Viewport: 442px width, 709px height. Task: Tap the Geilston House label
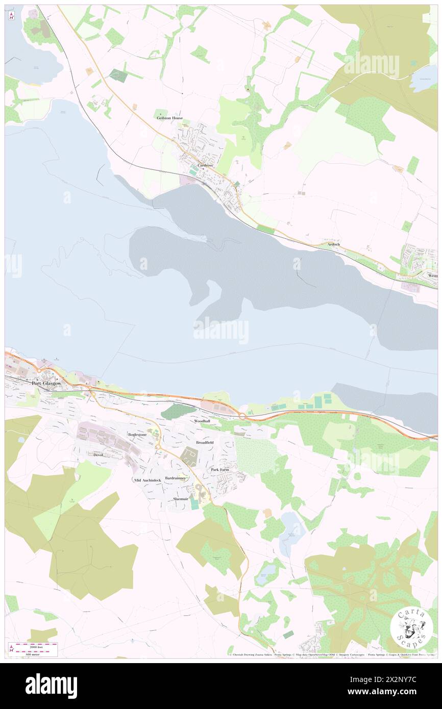click(x=169, y=118)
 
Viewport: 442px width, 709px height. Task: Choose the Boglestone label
click(x=137, y=435)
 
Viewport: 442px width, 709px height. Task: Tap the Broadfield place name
click(x=205, y=442)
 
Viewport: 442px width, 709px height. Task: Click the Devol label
click(x=98, y=454)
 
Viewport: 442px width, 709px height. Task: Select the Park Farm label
click(x=220, y=469)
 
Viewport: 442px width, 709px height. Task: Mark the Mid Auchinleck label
click(x=148, y=480)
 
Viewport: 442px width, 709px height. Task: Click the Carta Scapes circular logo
click(x=411, y=628)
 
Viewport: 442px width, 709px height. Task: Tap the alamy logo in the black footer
click(x=51, y=686)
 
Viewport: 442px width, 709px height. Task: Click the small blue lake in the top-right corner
click(x=424, y=79)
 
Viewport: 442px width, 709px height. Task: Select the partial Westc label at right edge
click(x=433, y=275)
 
